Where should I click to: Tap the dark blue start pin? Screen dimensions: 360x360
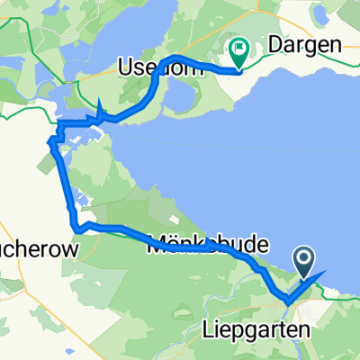(x=304, y=260)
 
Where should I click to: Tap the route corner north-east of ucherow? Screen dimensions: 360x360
(x=78, y=229)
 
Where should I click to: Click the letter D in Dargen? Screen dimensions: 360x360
(x=275, y=44)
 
